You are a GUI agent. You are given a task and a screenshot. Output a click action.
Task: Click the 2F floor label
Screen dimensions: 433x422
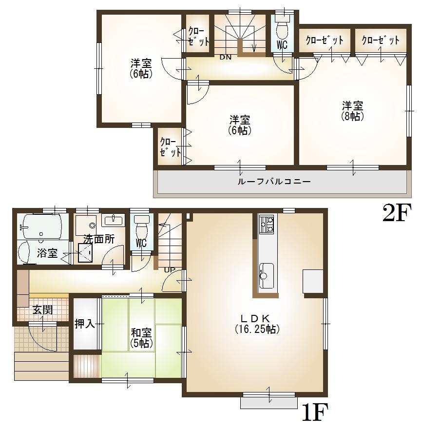(x=397, y=214)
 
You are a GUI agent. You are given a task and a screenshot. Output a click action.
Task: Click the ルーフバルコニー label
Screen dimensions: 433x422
(x=274, y=182)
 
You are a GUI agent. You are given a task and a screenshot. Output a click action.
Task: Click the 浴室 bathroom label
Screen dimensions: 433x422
(x=47, y=253)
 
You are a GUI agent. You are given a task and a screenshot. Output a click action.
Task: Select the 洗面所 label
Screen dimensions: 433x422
(x=98, y=239)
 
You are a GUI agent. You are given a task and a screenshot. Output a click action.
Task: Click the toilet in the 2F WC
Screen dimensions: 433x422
(x=282, y=30)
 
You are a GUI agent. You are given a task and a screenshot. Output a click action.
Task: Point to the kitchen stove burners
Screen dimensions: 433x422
(x=267, y=224)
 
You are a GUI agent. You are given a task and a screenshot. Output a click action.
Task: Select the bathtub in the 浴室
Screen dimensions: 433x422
(x=41, y=226)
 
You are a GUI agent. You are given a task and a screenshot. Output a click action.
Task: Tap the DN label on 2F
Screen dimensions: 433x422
(x=225, y=57)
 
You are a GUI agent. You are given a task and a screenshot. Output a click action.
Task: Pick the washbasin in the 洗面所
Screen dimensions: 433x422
(x=114, y=220)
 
